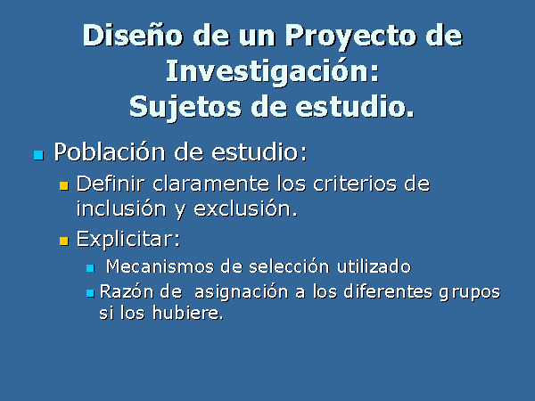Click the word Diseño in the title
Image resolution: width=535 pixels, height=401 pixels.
click(x=133, y=35)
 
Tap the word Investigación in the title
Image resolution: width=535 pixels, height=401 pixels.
click(x=273, y=73)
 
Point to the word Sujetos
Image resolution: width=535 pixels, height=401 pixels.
click(x=185, y=108)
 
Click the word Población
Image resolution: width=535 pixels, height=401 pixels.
click(x=110, y=151)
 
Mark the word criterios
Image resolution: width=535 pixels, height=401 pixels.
click(x=355, y=184)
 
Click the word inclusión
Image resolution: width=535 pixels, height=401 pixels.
click(x=121, y=208)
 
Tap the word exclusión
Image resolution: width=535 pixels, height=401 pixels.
click(x=245, y=208)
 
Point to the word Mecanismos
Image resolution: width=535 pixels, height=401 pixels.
click(x=160, y=266)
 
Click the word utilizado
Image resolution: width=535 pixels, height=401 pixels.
click(x=374, y=266)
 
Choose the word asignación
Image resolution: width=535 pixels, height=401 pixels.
click(x=242, y=292)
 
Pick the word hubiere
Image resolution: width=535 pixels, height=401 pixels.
click(x=187, y=313)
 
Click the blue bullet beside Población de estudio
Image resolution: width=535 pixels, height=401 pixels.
click(x=39, y=155)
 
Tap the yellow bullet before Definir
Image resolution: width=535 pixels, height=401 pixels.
click(x=64, y=186)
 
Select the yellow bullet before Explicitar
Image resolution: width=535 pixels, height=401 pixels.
click(x=64, y=241)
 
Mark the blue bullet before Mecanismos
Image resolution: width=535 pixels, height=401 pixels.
click(x=90, y=268)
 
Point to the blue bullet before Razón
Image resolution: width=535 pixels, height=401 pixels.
click(x=90, y=293)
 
